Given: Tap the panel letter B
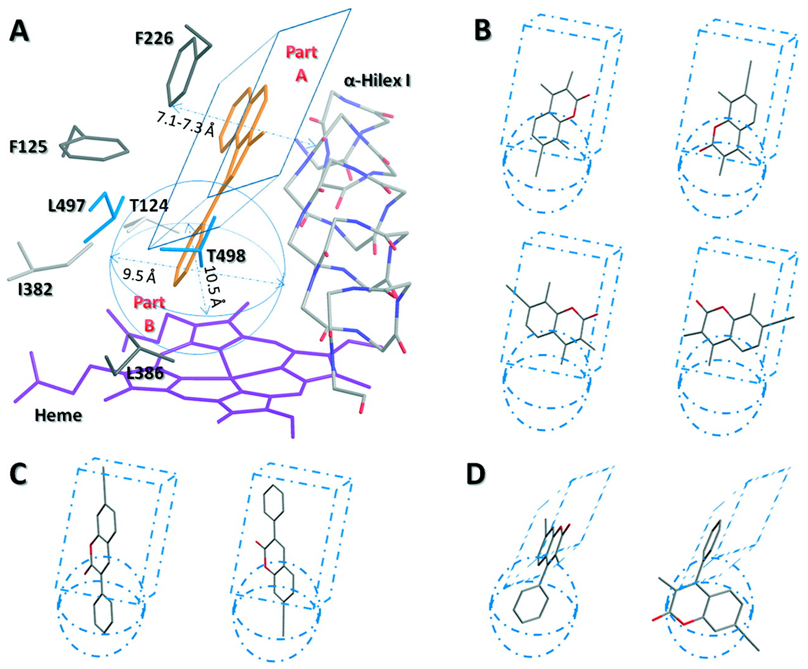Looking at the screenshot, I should click(x=483, y=31).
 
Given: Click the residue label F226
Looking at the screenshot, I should click(x=154, y=38).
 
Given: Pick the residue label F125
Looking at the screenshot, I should click(x=29, y=147).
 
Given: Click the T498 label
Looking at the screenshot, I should click(x=226, y=255).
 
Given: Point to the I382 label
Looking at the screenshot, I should click(x=35, y=289).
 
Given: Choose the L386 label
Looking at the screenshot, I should click(x=145, y=373).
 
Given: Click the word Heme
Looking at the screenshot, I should click(x=58, y=416).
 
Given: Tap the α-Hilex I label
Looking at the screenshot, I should click(x=377, y=81).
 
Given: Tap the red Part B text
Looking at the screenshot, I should click(x=149, y=314).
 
